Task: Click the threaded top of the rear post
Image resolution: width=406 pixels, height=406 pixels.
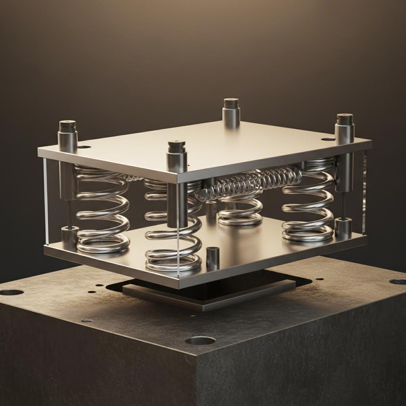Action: point(231,104)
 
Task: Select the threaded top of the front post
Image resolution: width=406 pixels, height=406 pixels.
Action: point(176,147)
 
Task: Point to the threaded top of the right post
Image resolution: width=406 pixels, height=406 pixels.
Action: point(345,119)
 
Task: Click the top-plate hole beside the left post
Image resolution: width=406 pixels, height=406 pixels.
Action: point(84,147)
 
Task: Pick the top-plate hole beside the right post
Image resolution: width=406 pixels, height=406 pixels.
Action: point(328,139)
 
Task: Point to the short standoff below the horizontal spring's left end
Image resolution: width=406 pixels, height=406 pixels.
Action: point(211,208)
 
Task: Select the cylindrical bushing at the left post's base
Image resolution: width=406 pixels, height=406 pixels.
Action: point(70,237)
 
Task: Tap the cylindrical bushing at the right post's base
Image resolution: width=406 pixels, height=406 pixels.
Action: point(343,228)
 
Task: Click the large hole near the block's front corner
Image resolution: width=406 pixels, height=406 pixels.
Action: point(200,340)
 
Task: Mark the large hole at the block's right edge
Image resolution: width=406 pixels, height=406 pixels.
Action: point(398,282)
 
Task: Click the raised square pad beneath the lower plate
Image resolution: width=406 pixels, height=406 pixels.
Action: point(210,295)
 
